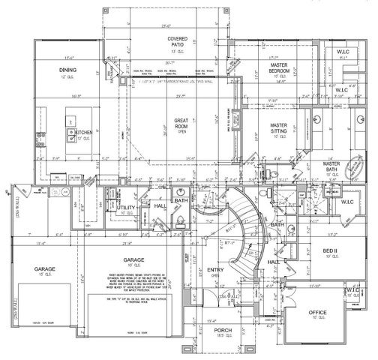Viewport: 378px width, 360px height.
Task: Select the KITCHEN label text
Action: coord(83,132)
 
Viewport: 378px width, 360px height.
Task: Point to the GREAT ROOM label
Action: coord(181,122)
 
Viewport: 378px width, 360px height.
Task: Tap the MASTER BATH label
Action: coord(332,166)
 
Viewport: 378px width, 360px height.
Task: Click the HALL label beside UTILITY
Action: coord(160,205)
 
